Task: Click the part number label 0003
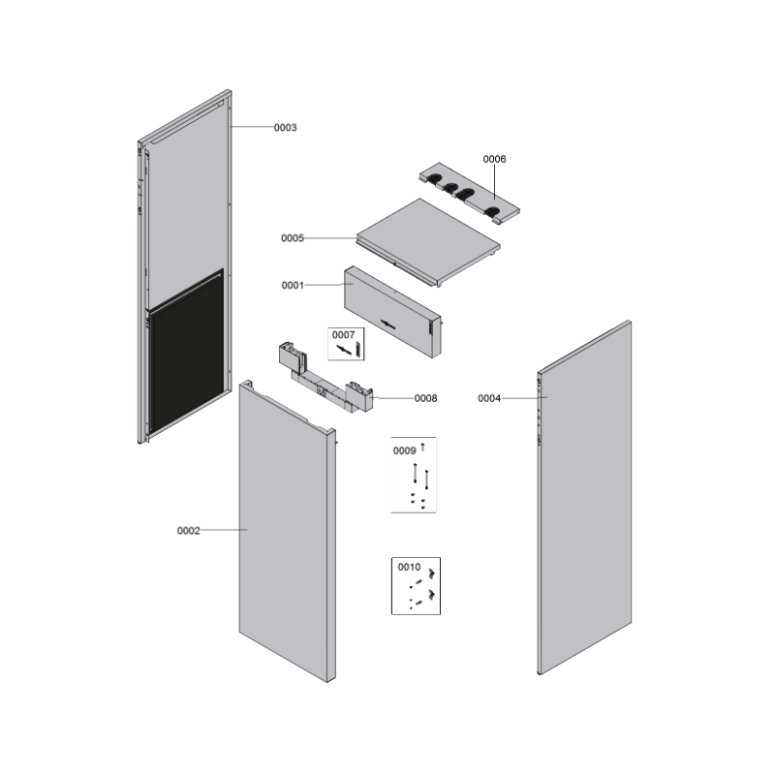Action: (285, 128)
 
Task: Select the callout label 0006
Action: (494, 159)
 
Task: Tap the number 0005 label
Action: (293, 238)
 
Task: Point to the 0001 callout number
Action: (293, 285)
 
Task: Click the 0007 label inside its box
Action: (343, 335)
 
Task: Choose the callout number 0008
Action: (425, 398)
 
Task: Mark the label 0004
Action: (489, 398)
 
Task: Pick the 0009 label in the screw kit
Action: (404, 450)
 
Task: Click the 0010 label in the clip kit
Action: (409, 567)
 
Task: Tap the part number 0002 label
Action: (188, 531)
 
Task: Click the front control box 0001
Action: (392, 312)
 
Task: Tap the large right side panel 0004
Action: (584, 497)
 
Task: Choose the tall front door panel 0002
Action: (287, 531)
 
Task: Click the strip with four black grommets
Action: (470, 193)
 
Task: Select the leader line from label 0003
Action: (252, 127)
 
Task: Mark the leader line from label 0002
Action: (224, 530)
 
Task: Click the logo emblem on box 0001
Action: (387, 325)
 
